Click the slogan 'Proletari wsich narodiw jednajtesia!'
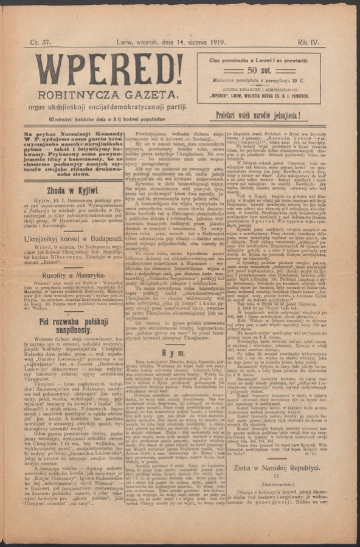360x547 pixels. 258,114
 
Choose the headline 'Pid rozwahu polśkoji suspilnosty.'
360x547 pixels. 73,326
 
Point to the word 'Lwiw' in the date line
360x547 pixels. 126,43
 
